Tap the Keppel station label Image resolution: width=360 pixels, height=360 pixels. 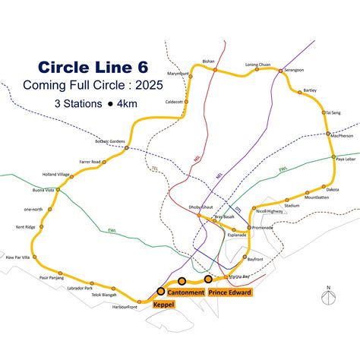pos(164,305)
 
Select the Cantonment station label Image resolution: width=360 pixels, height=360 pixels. pos(185,292)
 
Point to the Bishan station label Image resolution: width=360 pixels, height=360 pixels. pos(209,62)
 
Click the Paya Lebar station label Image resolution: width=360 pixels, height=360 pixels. pos(346,159)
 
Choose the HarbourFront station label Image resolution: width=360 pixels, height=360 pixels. pos(122,307)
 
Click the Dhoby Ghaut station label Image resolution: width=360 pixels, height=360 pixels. pos(199,208)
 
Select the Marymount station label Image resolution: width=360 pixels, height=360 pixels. pos(178,74)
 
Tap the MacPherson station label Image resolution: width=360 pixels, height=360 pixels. pos(342,136)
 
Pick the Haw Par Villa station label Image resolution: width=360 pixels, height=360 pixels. pos(18,257)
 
